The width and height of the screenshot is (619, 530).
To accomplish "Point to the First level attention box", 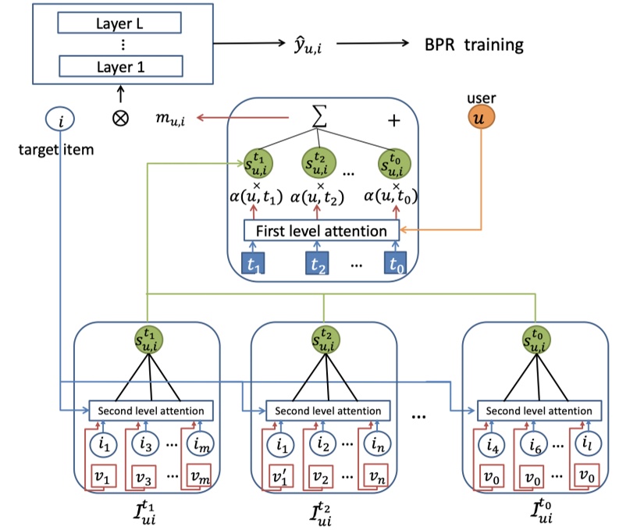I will [321, 231].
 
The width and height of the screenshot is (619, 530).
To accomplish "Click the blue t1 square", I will [252, 264].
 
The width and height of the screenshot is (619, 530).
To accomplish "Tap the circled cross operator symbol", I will [120, 123].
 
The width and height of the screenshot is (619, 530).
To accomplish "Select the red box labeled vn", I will [376, 476].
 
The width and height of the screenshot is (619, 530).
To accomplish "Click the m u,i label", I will [173, 119].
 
